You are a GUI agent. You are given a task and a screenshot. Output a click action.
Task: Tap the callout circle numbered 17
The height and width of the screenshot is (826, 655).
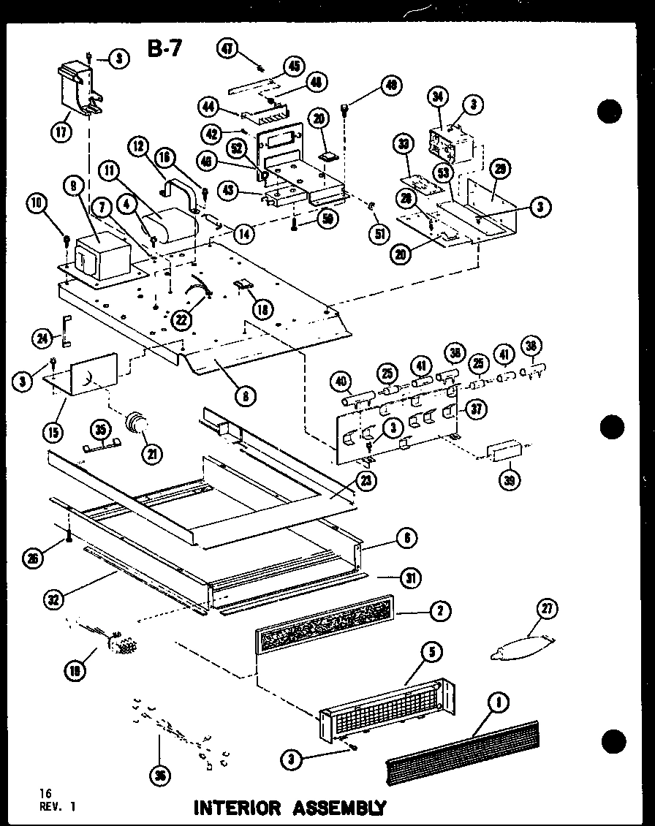point(60,134)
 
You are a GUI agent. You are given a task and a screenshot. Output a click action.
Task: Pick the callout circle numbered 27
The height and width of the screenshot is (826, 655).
point(546,607)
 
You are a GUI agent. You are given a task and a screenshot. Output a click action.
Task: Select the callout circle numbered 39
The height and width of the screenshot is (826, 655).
point(507,479)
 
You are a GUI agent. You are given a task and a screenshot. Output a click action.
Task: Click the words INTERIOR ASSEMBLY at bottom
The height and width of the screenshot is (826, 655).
point(288,808)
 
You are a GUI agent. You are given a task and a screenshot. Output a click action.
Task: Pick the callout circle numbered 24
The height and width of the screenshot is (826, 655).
point(43,337)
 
